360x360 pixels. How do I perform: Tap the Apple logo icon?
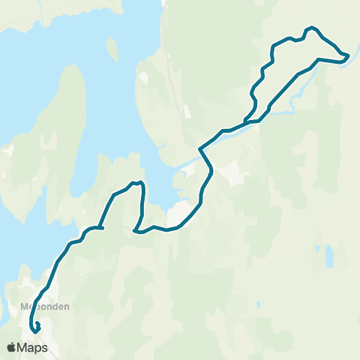point(11,347)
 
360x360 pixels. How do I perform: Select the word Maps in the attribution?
point(34,347)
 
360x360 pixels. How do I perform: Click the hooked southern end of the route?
point(35,327)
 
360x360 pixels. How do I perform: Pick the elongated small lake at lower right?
point(328,256)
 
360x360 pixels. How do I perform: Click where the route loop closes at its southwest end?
point(246,120)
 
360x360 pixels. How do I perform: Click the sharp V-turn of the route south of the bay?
point(134,231)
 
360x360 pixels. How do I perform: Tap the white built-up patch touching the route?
point(179,213)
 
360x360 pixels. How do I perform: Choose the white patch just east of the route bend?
point(232,171)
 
